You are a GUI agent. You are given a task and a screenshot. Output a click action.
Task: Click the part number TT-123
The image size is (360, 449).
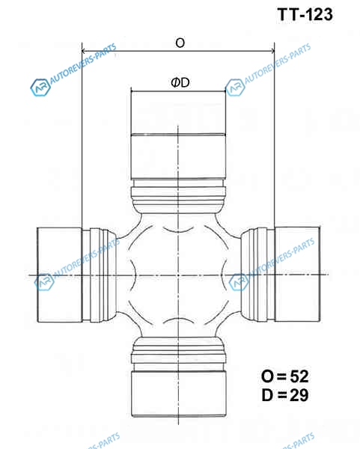point(305,14)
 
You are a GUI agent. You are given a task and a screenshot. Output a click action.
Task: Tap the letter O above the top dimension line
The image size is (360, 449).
point(180,43)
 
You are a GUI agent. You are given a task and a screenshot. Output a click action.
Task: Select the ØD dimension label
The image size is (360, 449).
point(180,83)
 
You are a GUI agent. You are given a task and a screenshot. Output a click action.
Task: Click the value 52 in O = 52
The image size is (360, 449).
point(299,376)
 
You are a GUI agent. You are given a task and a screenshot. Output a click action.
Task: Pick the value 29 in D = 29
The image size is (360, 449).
point(299,395)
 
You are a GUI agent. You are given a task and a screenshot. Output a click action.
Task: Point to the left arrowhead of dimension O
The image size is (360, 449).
point(84,51)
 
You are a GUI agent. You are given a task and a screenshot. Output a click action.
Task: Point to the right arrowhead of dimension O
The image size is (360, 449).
point(272,51)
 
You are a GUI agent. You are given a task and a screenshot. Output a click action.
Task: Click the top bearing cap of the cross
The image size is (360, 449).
point(178,135)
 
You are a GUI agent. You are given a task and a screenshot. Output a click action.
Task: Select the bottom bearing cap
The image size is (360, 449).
point(179,394)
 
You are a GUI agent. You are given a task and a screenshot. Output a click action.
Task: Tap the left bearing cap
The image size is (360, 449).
point(60,275)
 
